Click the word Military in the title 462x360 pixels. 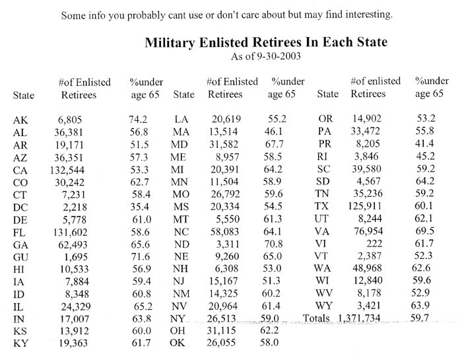coord(170,43)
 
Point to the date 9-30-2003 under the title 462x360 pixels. coord(279,56)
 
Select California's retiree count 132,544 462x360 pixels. coord(67,170)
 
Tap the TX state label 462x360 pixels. coord(321,205)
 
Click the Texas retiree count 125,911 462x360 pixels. coord(364,206)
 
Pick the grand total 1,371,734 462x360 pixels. coord(359,318)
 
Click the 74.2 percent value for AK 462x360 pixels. coord(138,119)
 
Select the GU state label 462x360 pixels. coord(20,258)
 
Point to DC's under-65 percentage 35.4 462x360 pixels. coord(140,207)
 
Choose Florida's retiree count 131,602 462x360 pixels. coord(71,233)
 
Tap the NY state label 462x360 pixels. coord(178,318)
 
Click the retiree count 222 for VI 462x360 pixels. coord(374,244)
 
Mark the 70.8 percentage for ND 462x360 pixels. coord(273,244)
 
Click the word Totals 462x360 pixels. coord(316,318)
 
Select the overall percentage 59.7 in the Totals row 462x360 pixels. coord(419,318)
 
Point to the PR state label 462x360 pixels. coord(325,143)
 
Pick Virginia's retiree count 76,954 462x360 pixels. coord(368,231)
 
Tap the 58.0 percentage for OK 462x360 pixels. coord(269,342)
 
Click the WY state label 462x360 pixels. coord(323,305)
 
